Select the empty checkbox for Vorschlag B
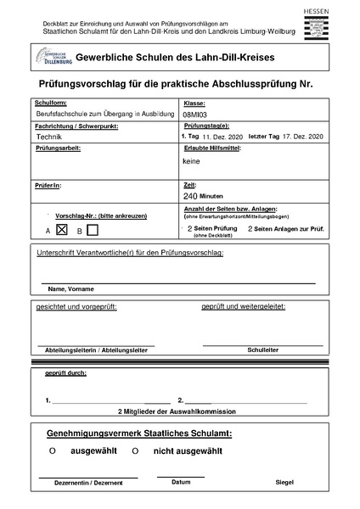93,229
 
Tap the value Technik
49,136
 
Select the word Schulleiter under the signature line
262,349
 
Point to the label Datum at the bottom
181,481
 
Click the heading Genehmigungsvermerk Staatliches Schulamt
140,433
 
